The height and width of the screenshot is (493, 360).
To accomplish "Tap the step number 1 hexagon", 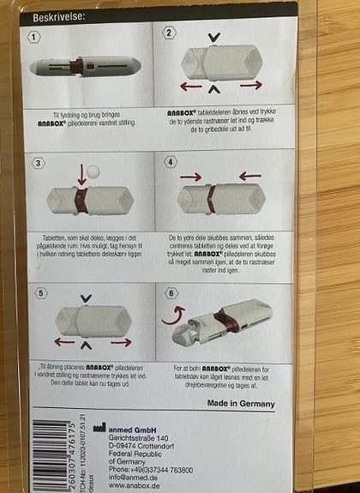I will pos(34,37).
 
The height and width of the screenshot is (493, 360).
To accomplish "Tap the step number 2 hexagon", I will pos(169,33).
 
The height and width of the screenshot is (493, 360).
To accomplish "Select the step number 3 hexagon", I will pos(39,163).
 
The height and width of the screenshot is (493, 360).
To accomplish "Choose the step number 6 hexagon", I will pos(170,291).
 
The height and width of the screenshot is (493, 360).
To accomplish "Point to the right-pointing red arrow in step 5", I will pos(122,342).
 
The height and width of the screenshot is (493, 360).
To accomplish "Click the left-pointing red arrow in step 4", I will pos(249,176).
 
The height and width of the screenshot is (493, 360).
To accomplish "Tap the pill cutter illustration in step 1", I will pos(86,65).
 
